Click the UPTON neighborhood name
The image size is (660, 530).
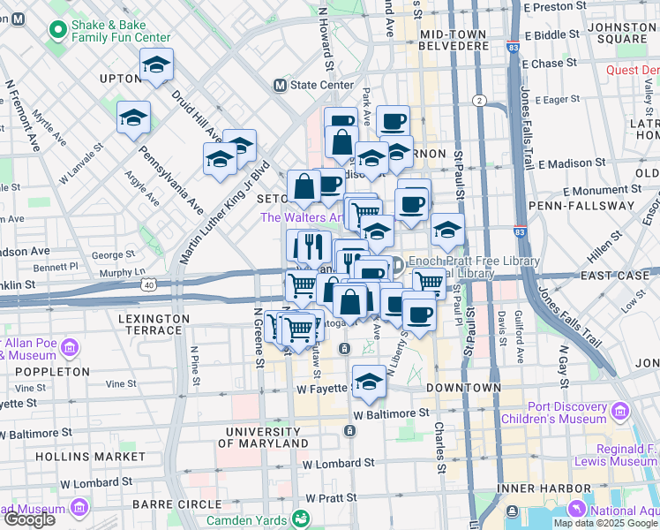(x=121, y=79)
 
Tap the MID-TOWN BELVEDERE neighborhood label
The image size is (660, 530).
(x=454, y=39)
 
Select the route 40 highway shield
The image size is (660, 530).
(x=150, y=284)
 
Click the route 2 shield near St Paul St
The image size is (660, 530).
(x=479, y=100)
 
